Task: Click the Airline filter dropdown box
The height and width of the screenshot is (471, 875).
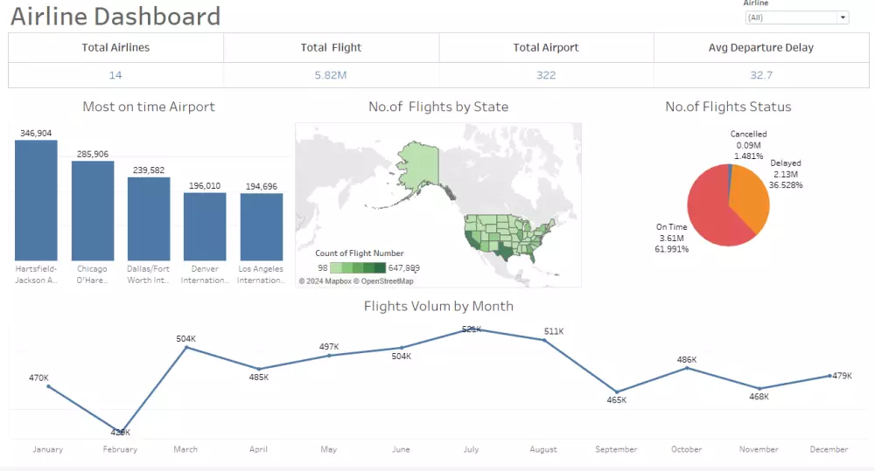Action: coord(796,17)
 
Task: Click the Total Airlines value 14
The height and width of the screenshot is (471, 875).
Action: coord(115,75)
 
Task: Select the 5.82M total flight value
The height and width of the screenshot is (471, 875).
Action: coord(331,75)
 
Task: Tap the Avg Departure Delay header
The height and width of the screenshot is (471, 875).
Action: coord(760,47)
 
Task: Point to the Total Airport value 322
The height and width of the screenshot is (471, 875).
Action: coord(546,75)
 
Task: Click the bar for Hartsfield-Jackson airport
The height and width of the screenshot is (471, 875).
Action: coord(36,200)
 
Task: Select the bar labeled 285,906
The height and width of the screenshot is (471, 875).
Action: coord(93,211)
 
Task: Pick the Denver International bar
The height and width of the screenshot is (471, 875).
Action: coord(205,226)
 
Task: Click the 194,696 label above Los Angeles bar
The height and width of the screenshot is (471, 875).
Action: coord(262,186)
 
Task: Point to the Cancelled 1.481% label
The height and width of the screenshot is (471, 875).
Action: coord(748,156)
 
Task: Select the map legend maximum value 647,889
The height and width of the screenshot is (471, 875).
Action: coord(403,268)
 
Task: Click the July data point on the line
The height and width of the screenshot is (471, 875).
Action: coord(471,330)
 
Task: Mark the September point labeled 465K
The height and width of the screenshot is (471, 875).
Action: coord(617,391)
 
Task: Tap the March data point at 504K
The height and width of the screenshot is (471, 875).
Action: coord(186,348)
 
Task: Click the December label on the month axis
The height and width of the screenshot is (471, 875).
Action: coord(828,449)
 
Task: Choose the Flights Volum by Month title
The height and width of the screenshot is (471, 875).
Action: coord(438,306)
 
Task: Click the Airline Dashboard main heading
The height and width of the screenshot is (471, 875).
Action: coord(115,16)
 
